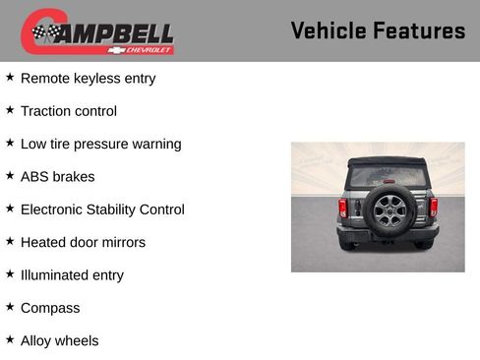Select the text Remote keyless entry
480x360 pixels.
point(88,78)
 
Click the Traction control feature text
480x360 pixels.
point(68,111)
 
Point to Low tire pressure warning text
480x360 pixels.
point(100,144)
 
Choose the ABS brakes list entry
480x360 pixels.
point(57,177)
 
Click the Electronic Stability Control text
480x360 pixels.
point(101,210)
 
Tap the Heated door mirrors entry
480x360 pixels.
point(83,242)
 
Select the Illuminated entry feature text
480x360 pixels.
point(72,275)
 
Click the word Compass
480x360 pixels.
point(50,308)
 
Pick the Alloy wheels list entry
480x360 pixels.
point(59,341)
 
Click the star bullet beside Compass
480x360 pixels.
point(10,307)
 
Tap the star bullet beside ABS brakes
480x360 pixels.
point(10,176)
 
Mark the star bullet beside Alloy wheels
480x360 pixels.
point(10,339)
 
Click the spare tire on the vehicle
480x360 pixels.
point(387,209)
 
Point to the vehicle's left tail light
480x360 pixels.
point(342,208)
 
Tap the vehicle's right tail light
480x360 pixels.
point(433,208)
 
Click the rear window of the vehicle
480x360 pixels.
point(387,174)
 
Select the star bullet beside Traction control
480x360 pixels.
point(10,110)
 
